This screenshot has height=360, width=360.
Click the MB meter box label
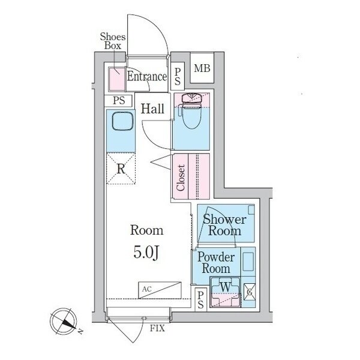point(202,68)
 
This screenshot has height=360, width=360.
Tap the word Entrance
point(147,76)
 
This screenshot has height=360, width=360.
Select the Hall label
point(152,109)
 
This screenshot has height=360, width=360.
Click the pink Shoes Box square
point(117,79)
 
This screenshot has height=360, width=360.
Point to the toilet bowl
point(191,113)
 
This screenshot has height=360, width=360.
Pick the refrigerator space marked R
point(121,169)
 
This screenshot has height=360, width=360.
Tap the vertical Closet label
point(181,178)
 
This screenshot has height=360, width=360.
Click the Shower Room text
point(225,225)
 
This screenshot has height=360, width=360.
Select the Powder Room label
point(216,263)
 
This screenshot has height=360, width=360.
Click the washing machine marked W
point(225,292)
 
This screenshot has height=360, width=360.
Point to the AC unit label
point(147,289)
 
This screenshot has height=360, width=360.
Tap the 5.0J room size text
point(146,253)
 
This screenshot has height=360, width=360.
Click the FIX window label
point(157,328)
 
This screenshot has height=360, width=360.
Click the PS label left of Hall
point(119,101)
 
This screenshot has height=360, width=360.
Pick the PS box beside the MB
point(178,77)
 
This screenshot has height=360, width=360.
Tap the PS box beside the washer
point(200,299)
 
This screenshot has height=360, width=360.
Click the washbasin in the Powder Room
point(248,262)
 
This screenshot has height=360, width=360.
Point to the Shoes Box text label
point(113,41)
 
